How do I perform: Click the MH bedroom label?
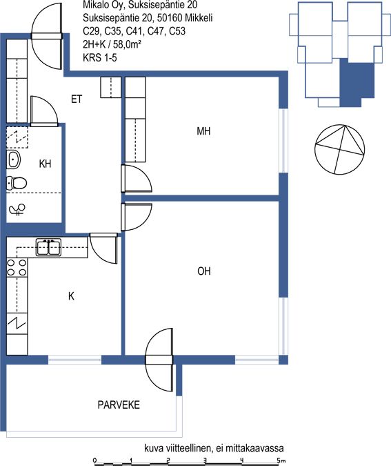click(x=203, y=131)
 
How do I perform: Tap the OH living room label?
click(x=204, y=271)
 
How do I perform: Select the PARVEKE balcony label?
click(x=119, y=405)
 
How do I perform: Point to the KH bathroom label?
click(x=45, y=164)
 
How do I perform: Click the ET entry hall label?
click(x=77, y=99)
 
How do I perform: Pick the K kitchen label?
click(x=71, y=296)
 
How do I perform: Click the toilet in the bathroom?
click(x=17, y=183)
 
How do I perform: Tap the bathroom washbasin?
click(x=13, y=160)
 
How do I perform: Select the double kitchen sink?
click(x=49, y=247)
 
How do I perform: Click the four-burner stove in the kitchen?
click(x=17, y=267)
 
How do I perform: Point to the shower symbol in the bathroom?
click(x=17, y=209)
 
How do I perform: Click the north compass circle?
click(x=340, y=150)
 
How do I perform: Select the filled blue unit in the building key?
click(x=357, y=82)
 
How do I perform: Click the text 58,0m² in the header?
click(x=127, y=44)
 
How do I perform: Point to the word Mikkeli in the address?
click(x=199, y=18)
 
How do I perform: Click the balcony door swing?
click(x=159, y=360)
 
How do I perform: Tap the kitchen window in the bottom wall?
click(x=74, y=360)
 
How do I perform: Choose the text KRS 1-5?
click(x=100, y=57)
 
